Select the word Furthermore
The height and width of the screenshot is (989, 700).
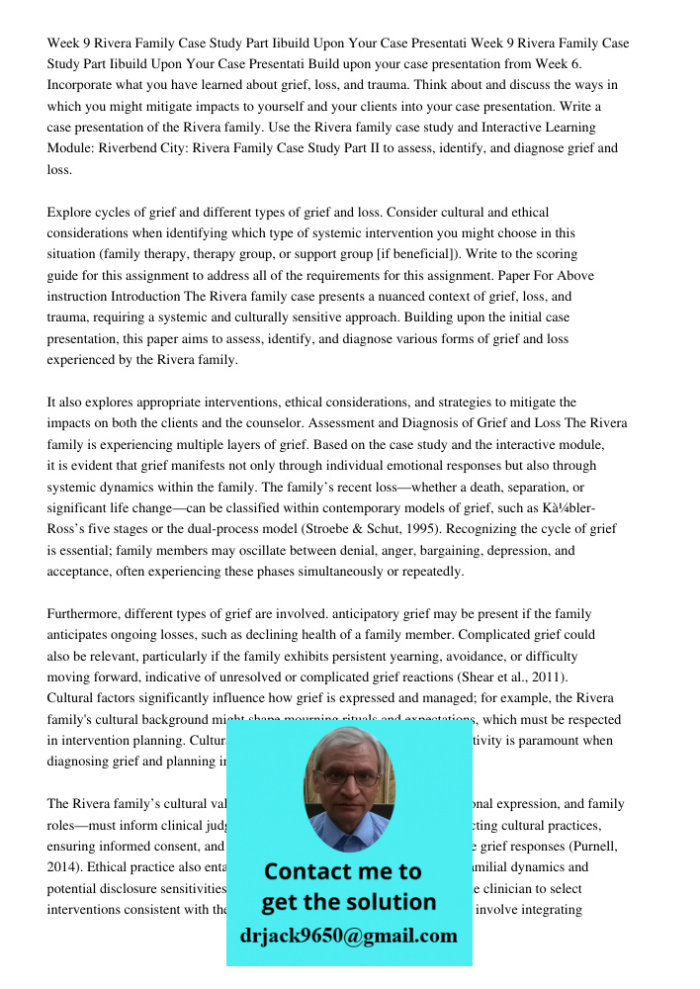click(85, 614)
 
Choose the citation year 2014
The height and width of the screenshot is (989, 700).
click(65, 867)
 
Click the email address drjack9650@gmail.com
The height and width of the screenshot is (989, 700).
click(349, 935)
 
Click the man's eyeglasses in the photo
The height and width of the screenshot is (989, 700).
click(349, 777)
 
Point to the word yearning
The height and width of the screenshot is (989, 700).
click(402, 657)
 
